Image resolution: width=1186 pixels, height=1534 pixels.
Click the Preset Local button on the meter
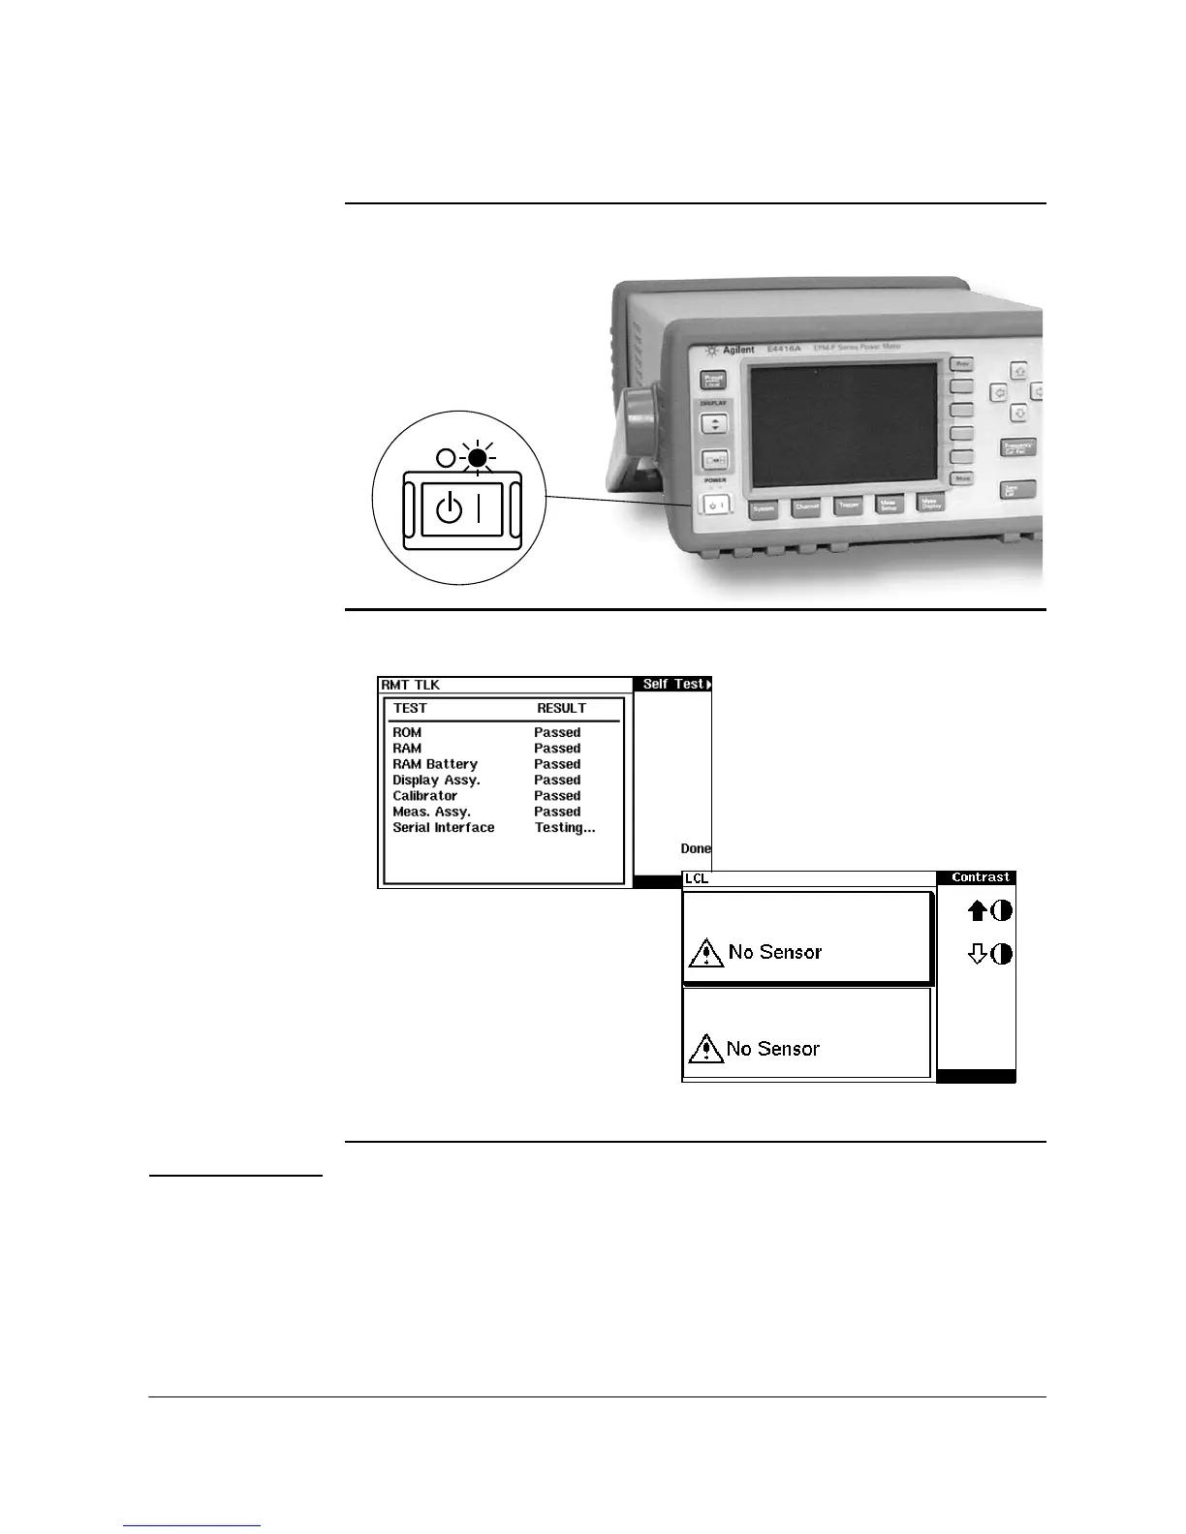click(713, 381)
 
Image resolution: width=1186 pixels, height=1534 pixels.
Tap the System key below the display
click(764, 507)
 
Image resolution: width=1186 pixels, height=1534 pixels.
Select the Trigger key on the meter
click(849, 506)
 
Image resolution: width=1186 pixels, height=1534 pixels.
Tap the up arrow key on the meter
click(1018, 371)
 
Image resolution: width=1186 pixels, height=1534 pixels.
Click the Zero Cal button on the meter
click(1017, 490)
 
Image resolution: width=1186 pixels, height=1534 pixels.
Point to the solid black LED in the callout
click(476, 457)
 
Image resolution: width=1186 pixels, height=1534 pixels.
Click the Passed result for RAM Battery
click(557, 764)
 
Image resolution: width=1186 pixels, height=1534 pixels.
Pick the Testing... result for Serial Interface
click(564, 828)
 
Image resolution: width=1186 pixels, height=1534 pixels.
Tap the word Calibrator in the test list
click(424, 796)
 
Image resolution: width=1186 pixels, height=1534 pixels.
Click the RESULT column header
click(561, 708)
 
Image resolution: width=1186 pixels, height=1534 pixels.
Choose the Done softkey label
click(696, 848)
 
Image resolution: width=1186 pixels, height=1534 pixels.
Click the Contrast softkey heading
click(981, 877)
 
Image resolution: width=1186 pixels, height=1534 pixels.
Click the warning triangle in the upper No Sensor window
click(706, 953)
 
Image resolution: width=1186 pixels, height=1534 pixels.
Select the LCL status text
click(697, 878)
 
